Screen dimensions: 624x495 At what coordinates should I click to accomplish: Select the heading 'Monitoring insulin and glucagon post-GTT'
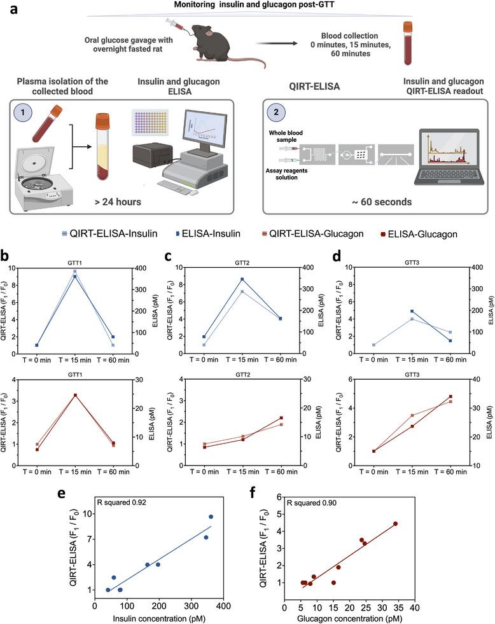click(247, 6)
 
